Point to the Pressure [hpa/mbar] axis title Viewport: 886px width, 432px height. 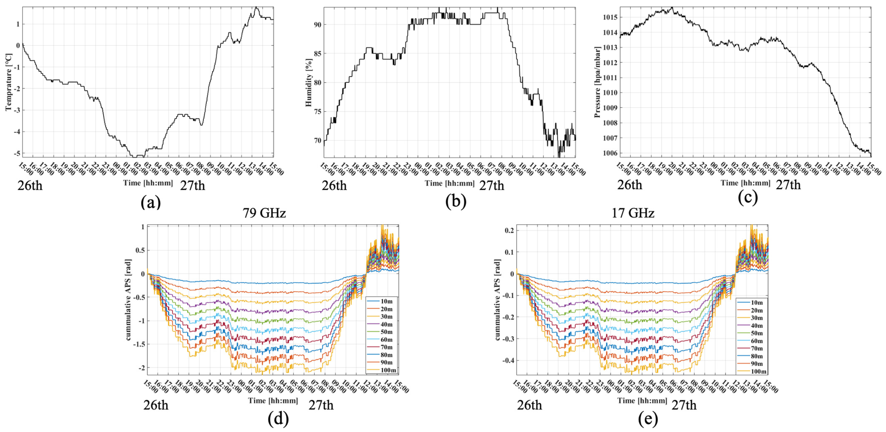[597, 82]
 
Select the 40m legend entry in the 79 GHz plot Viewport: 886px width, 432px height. [387, 324]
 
